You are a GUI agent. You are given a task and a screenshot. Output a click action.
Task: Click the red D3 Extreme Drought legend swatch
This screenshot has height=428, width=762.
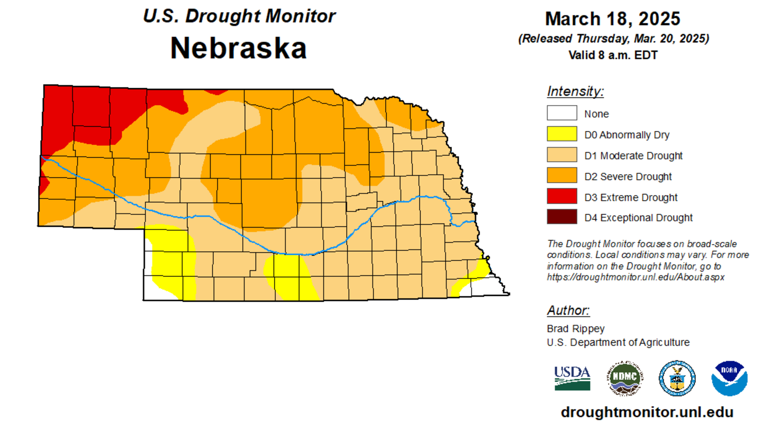561,197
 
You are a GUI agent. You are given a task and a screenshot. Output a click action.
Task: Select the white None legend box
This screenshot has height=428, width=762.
561,113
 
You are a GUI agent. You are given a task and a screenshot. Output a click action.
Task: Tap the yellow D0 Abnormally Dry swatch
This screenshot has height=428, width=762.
561,134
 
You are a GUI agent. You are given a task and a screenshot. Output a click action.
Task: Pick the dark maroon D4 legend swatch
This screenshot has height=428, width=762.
561,217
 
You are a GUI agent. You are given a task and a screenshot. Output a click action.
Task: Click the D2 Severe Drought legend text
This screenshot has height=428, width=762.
628,176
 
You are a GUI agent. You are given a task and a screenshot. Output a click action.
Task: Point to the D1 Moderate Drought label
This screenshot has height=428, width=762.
633,155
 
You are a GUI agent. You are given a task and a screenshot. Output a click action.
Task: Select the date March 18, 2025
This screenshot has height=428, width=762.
613,19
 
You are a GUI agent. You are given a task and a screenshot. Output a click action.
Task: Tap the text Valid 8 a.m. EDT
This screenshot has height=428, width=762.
613,54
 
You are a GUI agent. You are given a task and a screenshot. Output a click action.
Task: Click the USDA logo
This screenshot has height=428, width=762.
572,378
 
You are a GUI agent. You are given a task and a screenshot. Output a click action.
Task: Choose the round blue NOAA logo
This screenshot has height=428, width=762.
729,378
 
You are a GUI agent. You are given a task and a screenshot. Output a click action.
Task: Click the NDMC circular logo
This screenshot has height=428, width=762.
626,378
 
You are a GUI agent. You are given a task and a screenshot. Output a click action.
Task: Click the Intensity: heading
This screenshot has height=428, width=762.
575,91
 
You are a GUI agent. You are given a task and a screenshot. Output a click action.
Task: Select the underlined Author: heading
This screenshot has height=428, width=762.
568,310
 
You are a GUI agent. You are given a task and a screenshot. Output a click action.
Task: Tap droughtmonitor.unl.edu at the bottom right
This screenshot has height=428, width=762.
647,412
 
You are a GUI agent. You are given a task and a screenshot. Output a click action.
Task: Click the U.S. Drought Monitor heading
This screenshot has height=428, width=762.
239,16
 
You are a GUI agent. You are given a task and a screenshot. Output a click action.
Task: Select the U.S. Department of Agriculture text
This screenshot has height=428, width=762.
618,342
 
